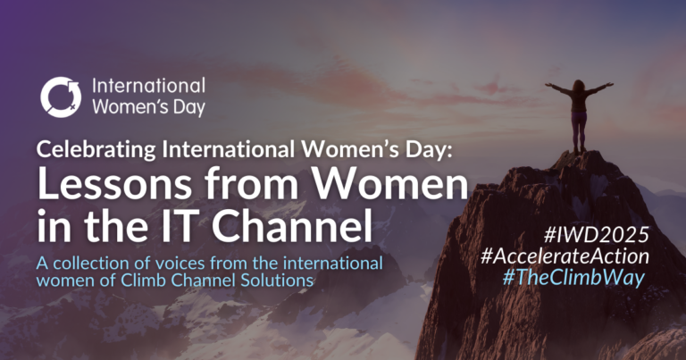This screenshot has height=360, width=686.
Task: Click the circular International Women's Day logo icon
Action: click(x=61, y=97)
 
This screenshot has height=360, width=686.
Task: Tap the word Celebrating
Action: click(x=96, y=149)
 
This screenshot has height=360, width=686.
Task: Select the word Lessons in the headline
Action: click(x=114, y=184)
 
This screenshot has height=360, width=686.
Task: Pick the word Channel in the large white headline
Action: click(x=292, y=227)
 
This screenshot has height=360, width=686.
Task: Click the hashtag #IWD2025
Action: click(x=597, y=235)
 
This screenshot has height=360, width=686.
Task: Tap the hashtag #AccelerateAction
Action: click(x=565, y=256)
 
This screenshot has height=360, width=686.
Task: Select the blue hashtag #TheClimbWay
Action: click(x=573, y=278)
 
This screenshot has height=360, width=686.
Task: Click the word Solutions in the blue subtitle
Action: click(x=276, y=280)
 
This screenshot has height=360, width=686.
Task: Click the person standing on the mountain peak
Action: click(x=579, y=116)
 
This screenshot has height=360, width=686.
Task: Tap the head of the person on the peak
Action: click(x=579, y=85)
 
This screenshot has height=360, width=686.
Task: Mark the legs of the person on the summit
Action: click(x=579, y=132)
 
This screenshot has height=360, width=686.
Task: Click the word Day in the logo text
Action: click(x=190, y=107)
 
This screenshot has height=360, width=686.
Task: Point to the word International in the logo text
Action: click(x=149, y=86)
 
